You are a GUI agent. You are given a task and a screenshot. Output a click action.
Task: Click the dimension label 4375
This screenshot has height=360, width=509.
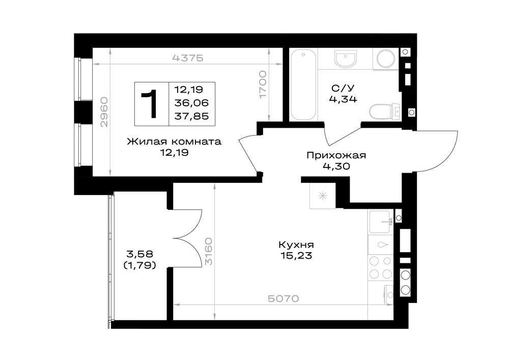[x=188, y=58]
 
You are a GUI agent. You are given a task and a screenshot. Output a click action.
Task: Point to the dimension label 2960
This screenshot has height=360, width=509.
[x=104, y=112]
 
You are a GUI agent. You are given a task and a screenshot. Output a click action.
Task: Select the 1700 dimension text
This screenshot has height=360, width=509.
[x=263, y=85]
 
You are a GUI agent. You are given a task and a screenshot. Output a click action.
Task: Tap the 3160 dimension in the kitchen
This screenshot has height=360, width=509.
[x=209, y=251]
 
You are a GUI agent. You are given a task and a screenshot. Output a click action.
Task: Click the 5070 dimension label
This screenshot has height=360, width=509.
[x=284, y=298]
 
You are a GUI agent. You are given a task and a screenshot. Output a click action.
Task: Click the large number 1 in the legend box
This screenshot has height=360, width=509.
[x=150, y=104]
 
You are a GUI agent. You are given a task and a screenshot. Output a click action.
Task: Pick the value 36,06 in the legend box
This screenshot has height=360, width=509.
[x=191, y=103]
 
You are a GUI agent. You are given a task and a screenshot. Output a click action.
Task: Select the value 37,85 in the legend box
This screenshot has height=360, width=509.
[x=191, y=116]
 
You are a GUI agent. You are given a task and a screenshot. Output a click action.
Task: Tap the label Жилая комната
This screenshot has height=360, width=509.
[x=174, y=142]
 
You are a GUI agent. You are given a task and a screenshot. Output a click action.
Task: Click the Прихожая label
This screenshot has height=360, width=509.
[x=336, y=155]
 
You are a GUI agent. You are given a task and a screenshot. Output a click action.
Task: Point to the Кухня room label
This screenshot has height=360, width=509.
[x=296, y=244]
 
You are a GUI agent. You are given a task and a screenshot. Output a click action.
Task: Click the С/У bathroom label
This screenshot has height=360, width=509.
[x=343, y=88]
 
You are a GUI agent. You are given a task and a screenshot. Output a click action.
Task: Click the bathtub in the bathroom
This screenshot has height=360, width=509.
[x=303, y=86]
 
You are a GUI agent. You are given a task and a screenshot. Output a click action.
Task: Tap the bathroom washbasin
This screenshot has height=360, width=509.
[x=346, y=59]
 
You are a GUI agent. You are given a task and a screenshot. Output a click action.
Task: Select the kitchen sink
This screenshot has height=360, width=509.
[x=380, y=221]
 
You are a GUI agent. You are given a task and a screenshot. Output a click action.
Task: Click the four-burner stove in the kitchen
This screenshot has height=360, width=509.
[x=380, y=267]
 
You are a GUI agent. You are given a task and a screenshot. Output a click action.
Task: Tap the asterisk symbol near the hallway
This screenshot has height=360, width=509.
[x=322, y=196]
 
